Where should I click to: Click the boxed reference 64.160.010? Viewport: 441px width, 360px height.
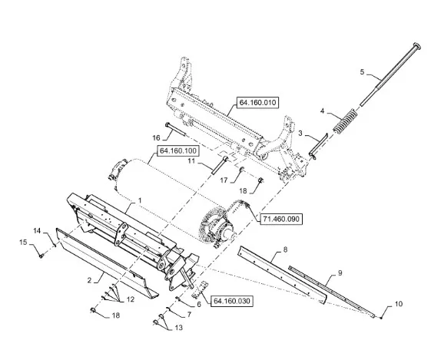tap(257, 103)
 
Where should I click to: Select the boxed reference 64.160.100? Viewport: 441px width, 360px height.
tap(178, 151)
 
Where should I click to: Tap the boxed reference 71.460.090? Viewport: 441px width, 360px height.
tap(281, 219)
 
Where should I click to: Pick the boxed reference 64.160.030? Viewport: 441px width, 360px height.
tap(232, 301)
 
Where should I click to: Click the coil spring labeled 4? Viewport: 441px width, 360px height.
tap(345, 121)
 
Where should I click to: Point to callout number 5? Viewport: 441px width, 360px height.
tap(362, 72)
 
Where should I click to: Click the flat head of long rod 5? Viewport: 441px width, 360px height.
tap(417, 46)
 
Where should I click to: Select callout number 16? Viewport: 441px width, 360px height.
tap(156, 137)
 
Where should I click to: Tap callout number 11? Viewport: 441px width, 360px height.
tap(191, 160)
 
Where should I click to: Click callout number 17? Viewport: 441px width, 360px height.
tap(224, 180)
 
